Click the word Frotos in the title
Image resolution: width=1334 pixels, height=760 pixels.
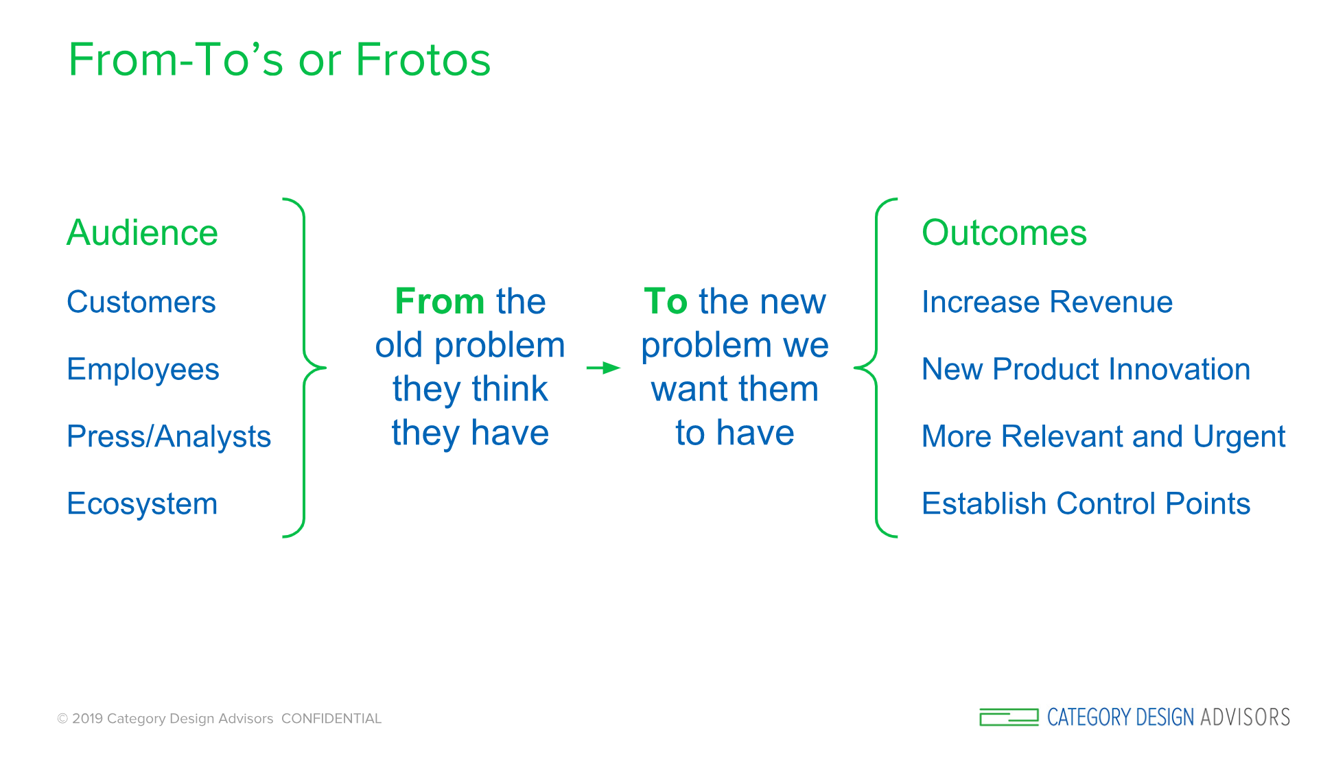click(x=423, y=60)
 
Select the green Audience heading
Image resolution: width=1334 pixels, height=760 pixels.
click(x=142, y=233)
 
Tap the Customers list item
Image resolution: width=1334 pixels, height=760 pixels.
click(x=141, y=302)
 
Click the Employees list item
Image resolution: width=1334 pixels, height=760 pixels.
click(x=143, y=370)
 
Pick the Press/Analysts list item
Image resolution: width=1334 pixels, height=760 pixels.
click(x=169, y=437)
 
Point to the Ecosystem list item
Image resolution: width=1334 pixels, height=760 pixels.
click(x=142, y=504)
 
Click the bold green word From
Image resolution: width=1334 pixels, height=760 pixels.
click(x=440, y=301)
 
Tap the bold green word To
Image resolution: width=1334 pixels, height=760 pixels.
click(x=666, y=301)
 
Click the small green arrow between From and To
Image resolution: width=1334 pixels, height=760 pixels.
click(x=603, y=368)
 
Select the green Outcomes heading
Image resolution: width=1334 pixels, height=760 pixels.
click(x=1004, y=233)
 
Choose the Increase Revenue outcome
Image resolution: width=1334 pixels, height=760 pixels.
click(x=1047, y=302)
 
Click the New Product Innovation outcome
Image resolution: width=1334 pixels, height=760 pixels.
click(x=1086, y=369)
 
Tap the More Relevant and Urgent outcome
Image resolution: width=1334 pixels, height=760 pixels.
click(x=1103, y=437)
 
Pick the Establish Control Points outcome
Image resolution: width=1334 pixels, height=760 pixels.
click(x=1086, y=503)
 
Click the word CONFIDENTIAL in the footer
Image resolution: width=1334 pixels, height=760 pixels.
click(x=331, y=719)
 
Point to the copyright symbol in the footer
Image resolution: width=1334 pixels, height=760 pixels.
click(x=62, y=719)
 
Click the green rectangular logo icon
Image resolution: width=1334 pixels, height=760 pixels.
click(x=1009, y=717)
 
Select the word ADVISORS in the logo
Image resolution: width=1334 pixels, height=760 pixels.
click(x=1245, y=717)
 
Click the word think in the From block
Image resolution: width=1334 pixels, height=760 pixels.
click(x=509, y=389)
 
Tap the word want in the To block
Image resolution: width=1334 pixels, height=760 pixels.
click(x=694, y=390)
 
